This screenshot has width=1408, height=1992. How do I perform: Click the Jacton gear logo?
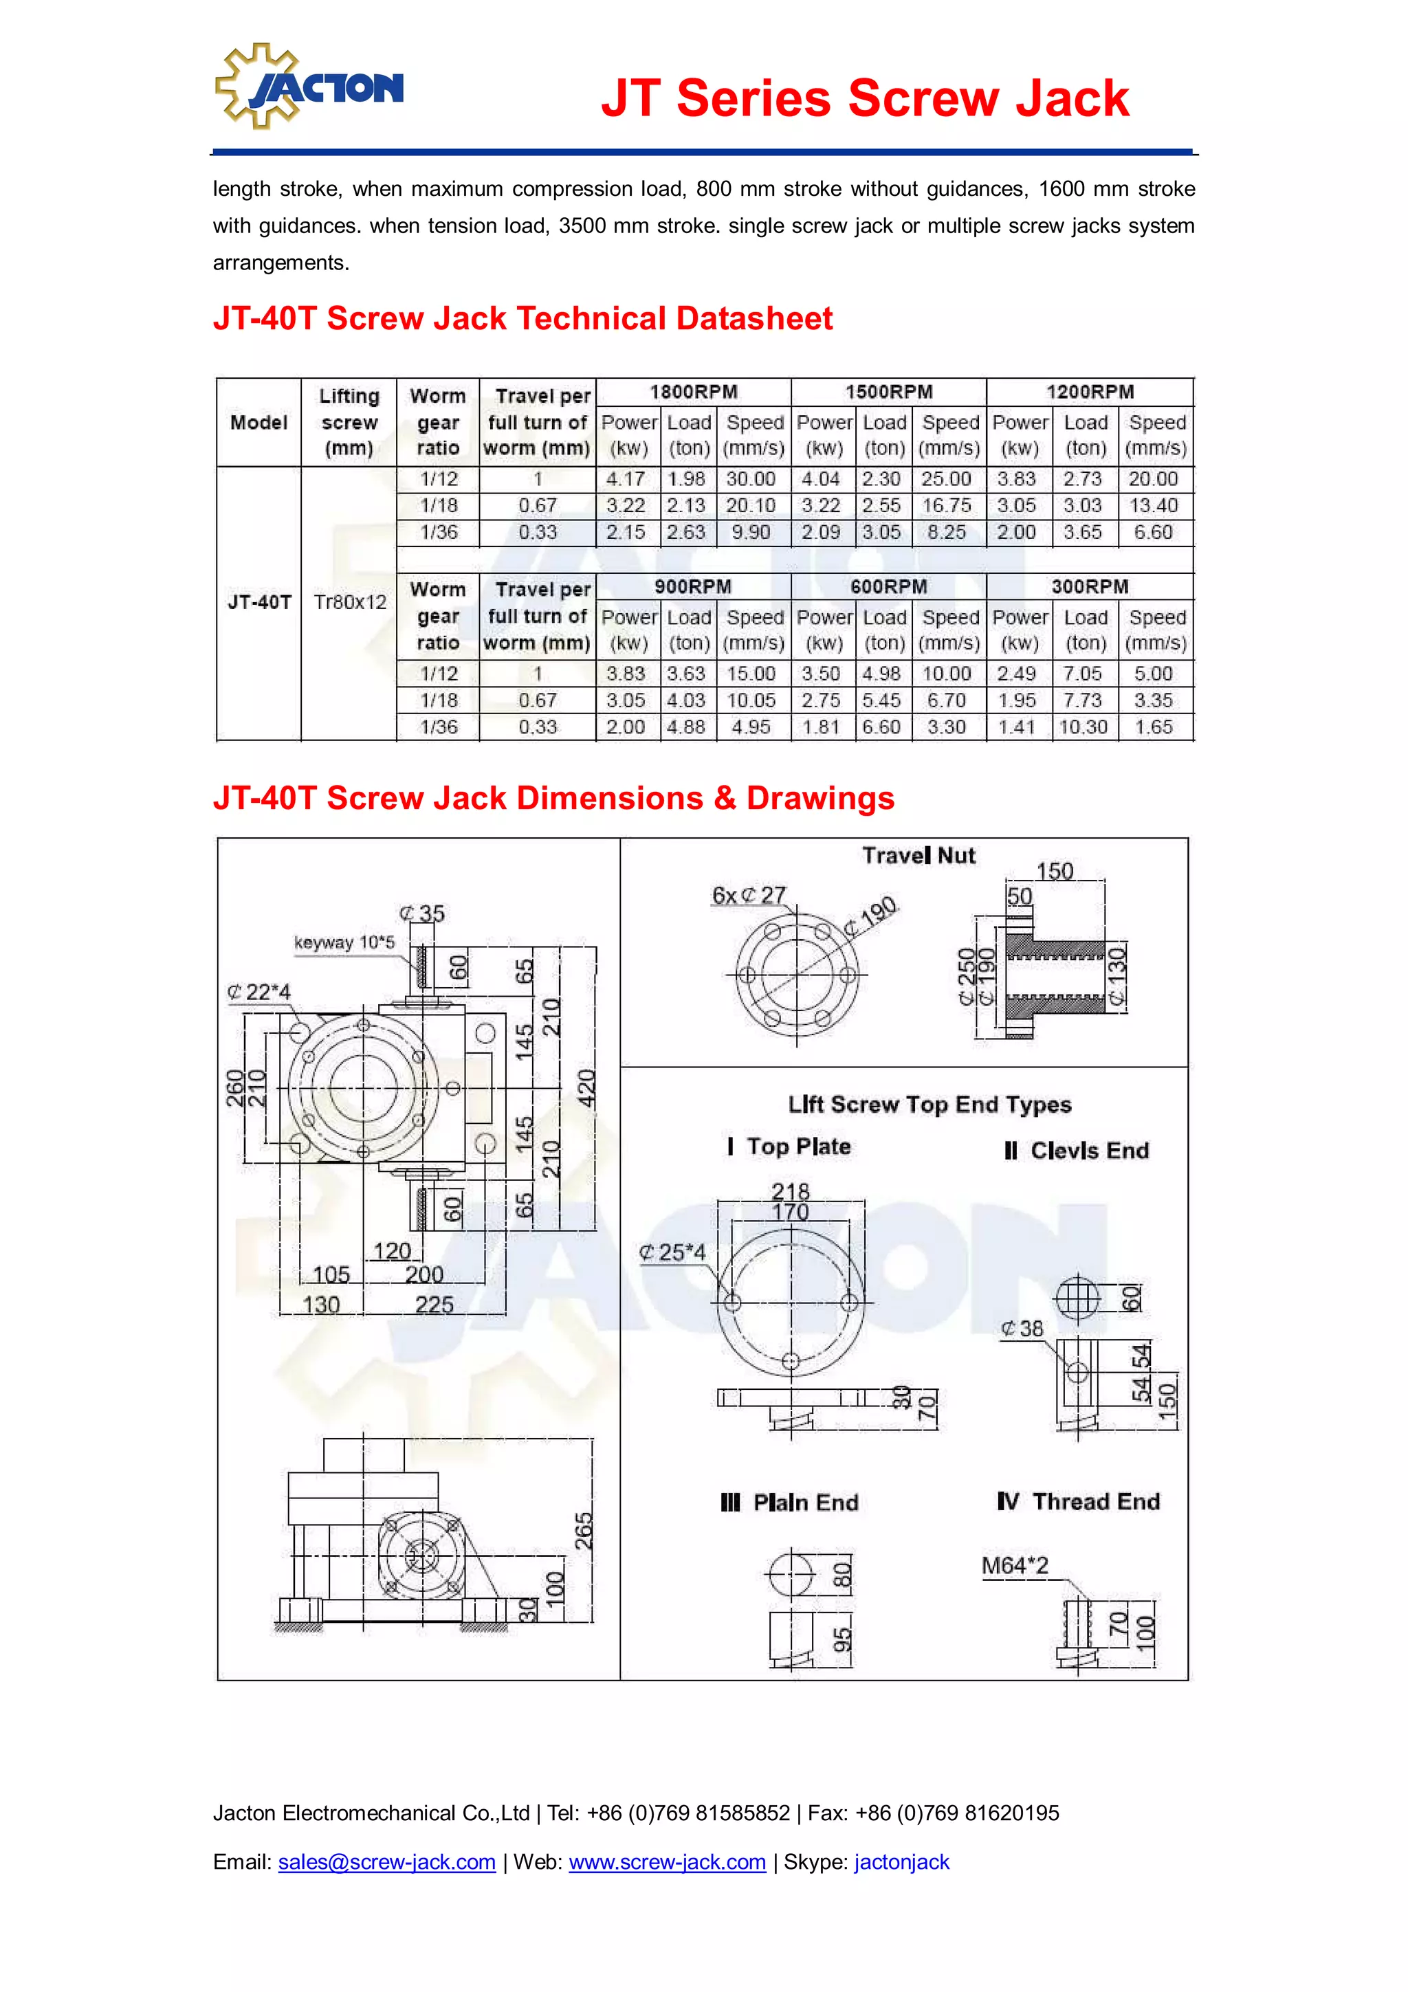(308, 87)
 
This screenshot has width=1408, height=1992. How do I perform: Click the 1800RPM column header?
(693, 392)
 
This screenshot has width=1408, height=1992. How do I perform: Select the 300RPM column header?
(1090, 588)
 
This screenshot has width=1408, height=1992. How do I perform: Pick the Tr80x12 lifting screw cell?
(350, 602)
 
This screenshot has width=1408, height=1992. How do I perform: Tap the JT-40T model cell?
(259, 602)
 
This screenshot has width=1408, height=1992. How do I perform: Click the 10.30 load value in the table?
(1083, 727)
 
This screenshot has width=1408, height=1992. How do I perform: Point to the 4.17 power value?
(626, 479)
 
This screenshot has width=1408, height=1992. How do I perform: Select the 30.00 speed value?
(751, 479)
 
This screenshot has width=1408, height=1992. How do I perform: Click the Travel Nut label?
(918, 856)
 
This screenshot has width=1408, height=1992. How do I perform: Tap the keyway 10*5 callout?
(344, 943)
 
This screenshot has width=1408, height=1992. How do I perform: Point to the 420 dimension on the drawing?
(587, 1088)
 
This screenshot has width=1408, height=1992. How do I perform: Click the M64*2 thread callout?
(1015, 1566)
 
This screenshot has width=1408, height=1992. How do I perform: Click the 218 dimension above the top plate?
(791, 1191)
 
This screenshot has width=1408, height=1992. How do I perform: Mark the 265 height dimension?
(584, 1531)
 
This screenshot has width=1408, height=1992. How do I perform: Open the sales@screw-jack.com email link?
(387, 1862)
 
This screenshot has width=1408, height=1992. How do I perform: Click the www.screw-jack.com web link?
(667, 1862)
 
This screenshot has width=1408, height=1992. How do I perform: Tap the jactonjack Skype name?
(901, 1862)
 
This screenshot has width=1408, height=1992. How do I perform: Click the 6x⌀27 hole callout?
(749, 896)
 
